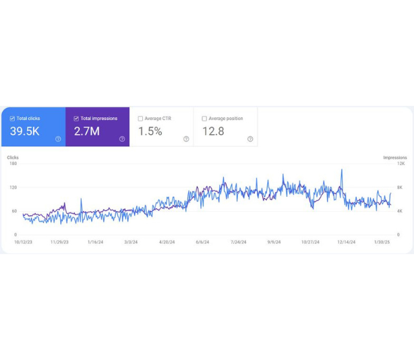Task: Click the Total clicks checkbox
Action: (12, 119)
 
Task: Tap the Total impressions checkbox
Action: (76, 119)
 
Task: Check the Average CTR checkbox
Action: (140, 119)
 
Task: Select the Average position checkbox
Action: (204, 119)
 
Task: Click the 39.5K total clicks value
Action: (24, 131)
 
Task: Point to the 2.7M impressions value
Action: (87, 131)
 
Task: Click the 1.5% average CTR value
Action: (150, 131)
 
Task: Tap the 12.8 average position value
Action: (213, 131)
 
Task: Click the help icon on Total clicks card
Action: (58, 139)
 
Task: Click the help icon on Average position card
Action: (250, 139)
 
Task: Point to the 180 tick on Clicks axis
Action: (13, 164)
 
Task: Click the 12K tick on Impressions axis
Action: (401, 164)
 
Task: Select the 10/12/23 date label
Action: (24, 242)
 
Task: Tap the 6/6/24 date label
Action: (202, 242)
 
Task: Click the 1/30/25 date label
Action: (382, 242)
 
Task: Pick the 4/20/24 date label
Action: (167, 242)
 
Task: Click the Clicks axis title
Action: (13, 157)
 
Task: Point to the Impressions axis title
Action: (395, 157)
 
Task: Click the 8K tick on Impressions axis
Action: (400, 187)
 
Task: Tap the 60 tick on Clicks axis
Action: (13, 211)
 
